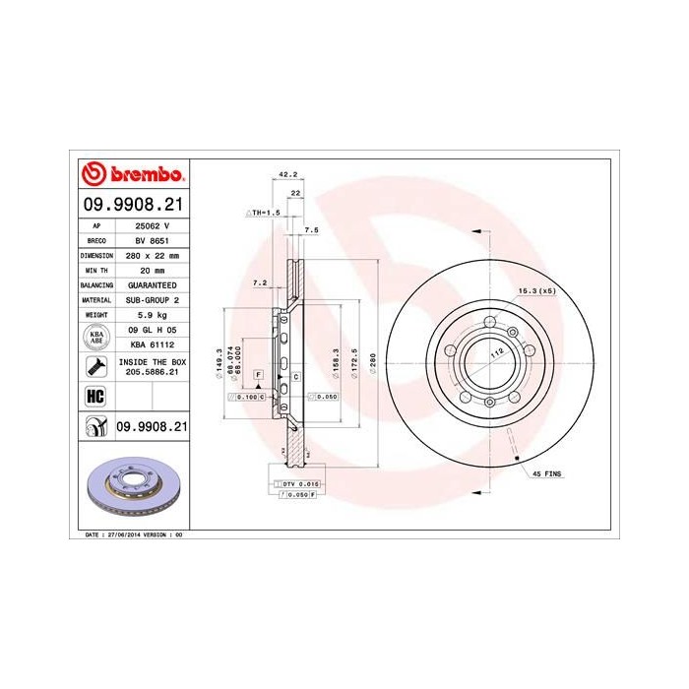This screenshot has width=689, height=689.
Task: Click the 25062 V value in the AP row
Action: pyautogui.click(x=146, y=224)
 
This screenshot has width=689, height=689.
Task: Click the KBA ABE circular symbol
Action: pyautogui.click(x=96, y=338)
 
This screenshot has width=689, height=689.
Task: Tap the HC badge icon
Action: pyautogui.click(x=96, y=397)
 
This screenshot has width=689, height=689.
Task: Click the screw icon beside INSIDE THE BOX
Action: pyautogui.click(x=96, y=368)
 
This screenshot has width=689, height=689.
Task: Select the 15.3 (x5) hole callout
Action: pyautogui.click(x=536, y=291)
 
